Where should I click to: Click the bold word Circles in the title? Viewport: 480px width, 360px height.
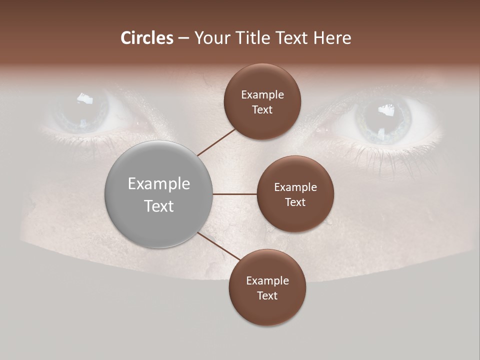(147, 38)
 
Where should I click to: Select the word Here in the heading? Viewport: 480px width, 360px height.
(332, 38)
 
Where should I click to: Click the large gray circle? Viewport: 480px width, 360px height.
(159, 194)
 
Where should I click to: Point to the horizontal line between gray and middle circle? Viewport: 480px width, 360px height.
(235, 194)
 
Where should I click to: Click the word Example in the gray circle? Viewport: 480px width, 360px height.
(159, 184)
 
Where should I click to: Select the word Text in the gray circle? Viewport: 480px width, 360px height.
(159, 206)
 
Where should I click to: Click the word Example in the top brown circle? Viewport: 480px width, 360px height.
(262, 95)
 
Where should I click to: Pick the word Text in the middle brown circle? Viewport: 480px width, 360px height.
(295, 202)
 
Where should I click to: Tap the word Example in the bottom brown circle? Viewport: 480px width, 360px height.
(267, 281)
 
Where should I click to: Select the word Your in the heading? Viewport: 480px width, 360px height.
(210, 38)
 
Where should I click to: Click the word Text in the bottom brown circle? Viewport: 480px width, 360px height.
(267, 296)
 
